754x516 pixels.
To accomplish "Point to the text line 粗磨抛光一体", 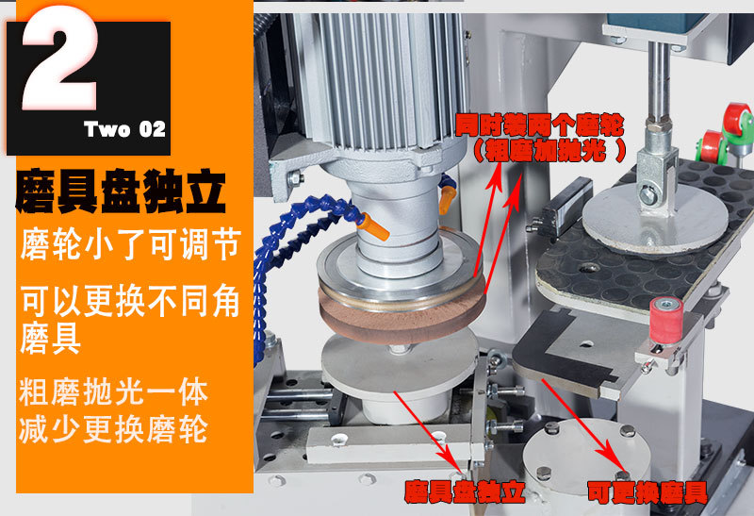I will click(x=113, y=389).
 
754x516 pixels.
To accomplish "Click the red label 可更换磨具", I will click(x=646, y=491).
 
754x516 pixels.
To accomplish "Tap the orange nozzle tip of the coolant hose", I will click(x=376, y=226).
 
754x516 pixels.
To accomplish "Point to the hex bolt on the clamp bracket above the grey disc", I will click(x=650, y=195).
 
